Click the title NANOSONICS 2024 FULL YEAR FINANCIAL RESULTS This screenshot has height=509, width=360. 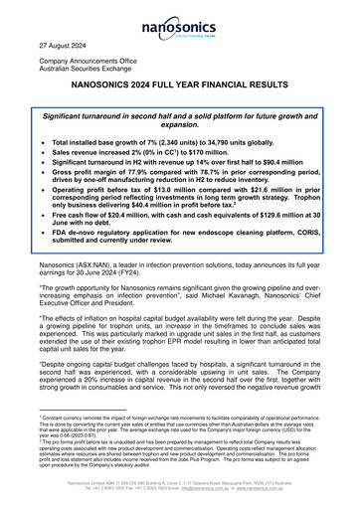click(x=179, y=99)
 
